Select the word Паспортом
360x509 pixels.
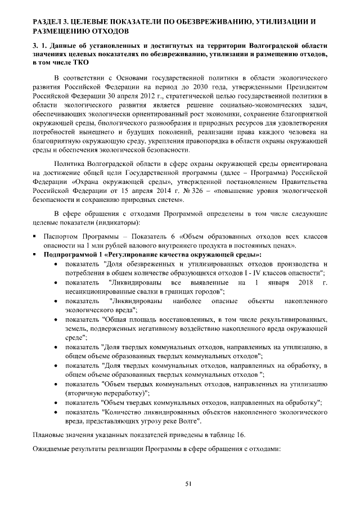[61, 237]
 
